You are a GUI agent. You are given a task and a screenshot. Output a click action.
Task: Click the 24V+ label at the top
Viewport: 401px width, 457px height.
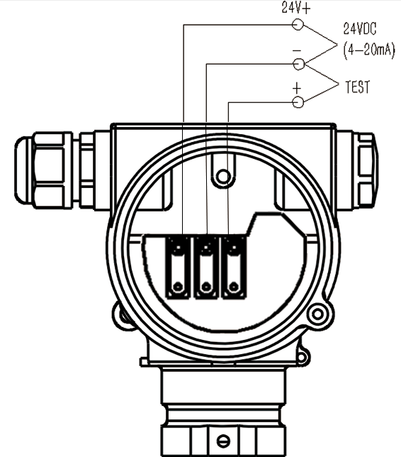pos(296,8)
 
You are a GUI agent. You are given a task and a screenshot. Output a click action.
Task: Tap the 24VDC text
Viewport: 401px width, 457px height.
pos(360,28)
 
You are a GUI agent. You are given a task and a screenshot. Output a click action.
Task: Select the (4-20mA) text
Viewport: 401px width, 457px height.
pos(369,50)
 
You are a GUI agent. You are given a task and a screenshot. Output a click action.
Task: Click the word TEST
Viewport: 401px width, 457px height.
pos(357,87)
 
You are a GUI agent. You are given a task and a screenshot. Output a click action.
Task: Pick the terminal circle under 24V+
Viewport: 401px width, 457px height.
pos(298,24)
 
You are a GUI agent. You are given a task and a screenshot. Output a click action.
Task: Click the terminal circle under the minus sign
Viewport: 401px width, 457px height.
pos(298,64)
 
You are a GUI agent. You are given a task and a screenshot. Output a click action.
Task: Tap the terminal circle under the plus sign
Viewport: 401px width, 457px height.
pos(298,102)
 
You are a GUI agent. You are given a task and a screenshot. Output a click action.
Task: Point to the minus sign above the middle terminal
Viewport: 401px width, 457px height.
pos(297,51)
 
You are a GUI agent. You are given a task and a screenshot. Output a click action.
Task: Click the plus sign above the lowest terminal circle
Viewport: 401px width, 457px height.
pos(297,88)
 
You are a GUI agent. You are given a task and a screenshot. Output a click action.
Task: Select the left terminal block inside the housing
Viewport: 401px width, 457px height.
pos(178,268)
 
